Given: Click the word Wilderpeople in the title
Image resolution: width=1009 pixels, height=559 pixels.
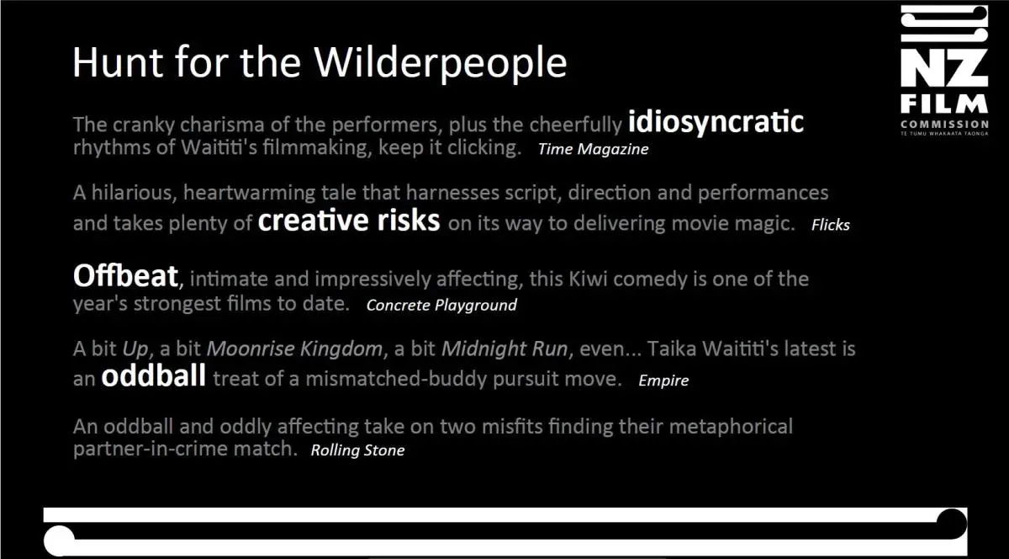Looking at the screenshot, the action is pos(440,64).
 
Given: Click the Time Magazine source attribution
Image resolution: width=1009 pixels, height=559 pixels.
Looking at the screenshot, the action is pos(594,149).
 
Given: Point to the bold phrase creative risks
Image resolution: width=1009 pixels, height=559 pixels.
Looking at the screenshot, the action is pos(349,221).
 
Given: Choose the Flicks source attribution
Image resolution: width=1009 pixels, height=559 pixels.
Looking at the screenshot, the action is pos(831,225).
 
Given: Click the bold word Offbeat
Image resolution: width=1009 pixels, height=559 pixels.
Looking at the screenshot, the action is pos(125,275).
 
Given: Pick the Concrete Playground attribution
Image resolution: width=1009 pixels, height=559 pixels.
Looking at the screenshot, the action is pos(441,306).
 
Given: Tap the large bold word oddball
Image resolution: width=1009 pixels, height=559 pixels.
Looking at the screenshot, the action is pos(154,375).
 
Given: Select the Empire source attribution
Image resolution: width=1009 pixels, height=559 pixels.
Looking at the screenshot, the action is pos(663,381).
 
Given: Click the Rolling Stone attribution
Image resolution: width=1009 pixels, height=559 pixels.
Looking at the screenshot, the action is pos(357,450).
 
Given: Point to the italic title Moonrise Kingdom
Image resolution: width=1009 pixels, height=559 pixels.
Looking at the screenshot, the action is pos(294,349).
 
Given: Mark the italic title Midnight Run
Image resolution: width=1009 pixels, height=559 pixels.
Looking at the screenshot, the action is pos(504,349).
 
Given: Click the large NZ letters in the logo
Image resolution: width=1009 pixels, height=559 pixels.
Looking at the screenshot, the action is pos(944,67).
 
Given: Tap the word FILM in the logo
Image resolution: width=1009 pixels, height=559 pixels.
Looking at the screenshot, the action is pos(944,104).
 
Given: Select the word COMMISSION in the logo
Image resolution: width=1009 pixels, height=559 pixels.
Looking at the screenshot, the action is pos(944,124).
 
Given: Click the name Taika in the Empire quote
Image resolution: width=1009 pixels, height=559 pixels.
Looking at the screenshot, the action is pos(672,349).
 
